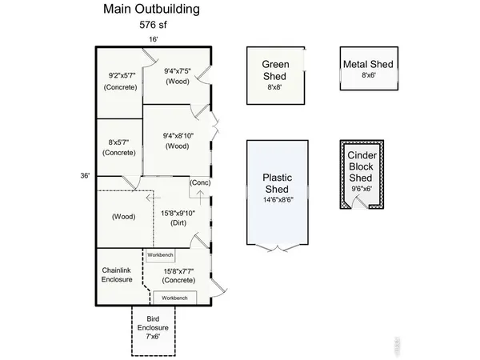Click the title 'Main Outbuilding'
pos(151,10)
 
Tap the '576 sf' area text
pos(151,24)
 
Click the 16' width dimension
pos(152,38)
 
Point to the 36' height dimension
pos(86,175)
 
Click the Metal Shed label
pos(369,64)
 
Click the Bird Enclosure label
pos(152,329)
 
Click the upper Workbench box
pos(160,254)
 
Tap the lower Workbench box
pos(175,298)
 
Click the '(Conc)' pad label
pos(200,183)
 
